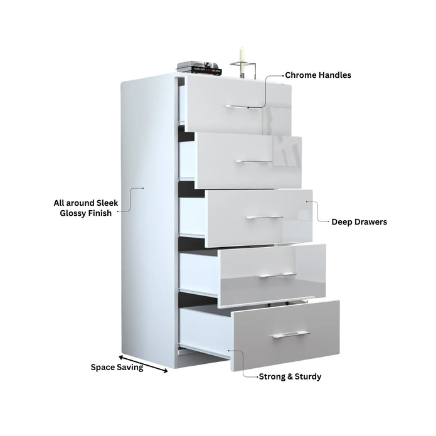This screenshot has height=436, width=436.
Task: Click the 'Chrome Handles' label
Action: [318, 75]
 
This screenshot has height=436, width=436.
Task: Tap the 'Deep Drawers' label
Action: [359, 222]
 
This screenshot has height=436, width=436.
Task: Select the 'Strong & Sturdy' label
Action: [290, 377]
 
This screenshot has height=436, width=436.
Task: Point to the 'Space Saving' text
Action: [117, 368]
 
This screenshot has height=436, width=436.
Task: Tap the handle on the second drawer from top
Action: [255, 162]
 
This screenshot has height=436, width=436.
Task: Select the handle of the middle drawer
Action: [265, 217]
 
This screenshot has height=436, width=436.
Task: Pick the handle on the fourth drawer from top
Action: [277, 275]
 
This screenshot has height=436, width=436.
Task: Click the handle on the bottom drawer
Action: [290, 334]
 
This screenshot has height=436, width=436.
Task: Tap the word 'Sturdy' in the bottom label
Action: [307, 377]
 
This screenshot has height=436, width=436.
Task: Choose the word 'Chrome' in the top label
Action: [300, 75]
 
